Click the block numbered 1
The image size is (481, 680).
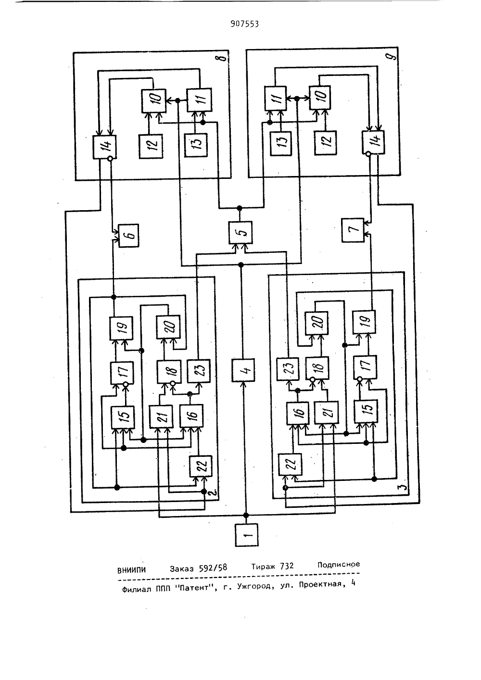click(247, 534)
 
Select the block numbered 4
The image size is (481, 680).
click(243, 370)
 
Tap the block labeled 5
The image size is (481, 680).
click(240, 233)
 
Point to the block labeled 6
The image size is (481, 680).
click(128, 236)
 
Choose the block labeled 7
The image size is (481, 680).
click(353, 230)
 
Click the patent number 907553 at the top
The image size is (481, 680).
click(245, 24)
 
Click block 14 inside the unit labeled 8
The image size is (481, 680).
click(105, 147)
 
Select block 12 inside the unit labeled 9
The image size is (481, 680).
click(325, 143)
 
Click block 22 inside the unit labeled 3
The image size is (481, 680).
click(291, 464)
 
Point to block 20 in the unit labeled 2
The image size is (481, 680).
click(168, 327)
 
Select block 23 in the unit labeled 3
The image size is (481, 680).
click(288, 368)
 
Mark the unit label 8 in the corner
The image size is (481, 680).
click(224, 57)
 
